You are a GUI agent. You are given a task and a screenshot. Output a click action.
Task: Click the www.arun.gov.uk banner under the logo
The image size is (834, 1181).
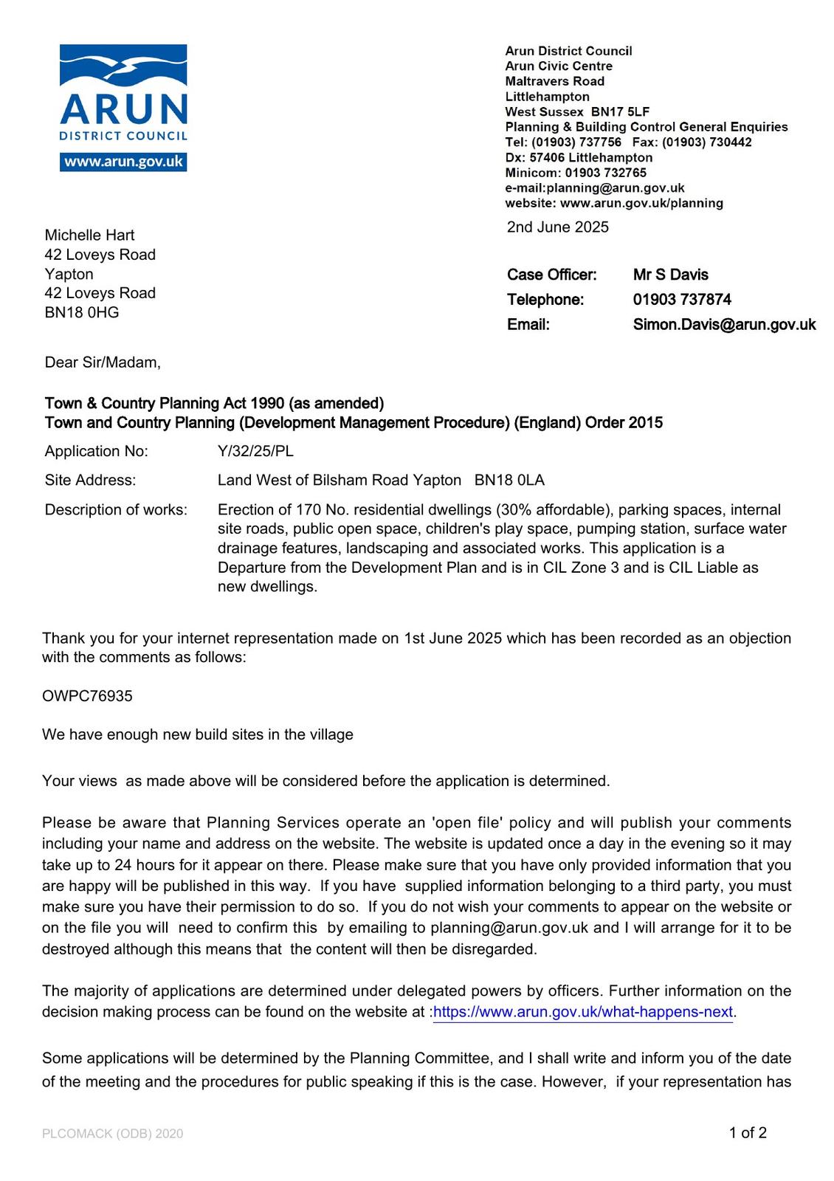coord(123,162)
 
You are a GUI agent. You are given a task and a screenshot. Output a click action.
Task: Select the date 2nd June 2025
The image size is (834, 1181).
coord(557,227)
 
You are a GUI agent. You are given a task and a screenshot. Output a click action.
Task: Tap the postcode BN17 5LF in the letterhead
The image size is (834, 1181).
coord(620,111)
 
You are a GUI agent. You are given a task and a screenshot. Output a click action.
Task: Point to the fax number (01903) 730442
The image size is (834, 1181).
coord(709,142)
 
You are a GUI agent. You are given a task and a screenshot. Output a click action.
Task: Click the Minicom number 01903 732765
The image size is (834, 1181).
coord(605,173)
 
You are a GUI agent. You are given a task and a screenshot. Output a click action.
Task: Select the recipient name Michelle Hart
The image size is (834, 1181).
coord(89,235)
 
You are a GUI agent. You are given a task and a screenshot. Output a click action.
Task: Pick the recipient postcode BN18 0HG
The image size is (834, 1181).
coord(81,312)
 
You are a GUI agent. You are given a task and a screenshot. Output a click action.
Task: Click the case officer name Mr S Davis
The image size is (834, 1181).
coord(670,275)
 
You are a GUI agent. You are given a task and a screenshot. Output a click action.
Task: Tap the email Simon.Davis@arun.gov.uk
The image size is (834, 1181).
coord(724,325)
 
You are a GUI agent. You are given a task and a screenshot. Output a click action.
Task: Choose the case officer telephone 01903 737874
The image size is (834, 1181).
coord(682,300)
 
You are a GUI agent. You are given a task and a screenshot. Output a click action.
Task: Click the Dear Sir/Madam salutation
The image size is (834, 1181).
coord(103,362)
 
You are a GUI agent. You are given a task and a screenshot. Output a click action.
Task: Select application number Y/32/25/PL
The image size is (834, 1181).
coord(255,451)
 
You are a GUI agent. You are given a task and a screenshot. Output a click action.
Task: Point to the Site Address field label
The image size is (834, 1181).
coord(90,481)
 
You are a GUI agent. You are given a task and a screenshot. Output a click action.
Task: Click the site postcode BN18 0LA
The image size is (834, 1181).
coord(509,481)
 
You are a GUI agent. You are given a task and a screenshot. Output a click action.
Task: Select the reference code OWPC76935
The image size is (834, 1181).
coord(87,696)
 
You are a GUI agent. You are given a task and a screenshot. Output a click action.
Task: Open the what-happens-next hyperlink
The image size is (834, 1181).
coord(583,1012)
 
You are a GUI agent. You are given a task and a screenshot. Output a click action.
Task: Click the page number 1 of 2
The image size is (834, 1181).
coord(748,1133)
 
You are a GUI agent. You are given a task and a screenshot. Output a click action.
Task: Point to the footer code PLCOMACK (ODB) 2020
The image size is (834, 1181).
coord(112,1134)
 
